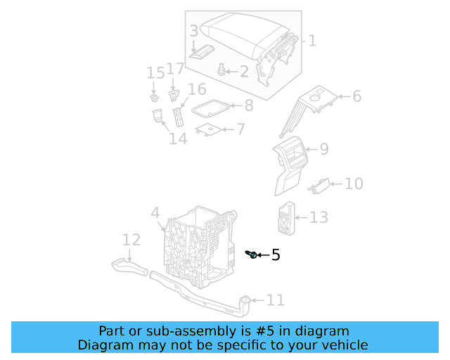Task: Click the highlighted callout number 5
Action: pyautogui.click(x=276, y=255)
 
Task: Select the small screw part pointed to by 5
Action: pyautogui.click(x=252, y=254)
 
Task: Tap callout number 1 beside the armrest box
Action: pyautogui.click(x=312, y=41)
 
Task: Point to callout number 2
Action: pyautogui.click(x=244, y=71)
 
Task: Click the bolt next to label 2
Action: pyautogui.click(x=223, y=69)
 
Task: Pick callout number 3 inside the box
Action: pyautogui.click(x=194, y=31)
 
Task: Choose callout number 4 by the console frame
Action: pyautogui.click(x=155, y=212)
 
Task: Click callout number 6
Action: pyautogui.click(x=356, y=96)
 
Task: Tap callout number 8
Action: pyautogui.click(x=248, y=106)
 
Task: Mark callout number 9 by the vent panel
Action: pyautogui.click(x=323, y=149)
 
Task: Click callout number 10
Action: pyautogui.click(x=354, y=184)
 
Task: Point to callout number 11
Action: pyautogui.click(x=275, y=301)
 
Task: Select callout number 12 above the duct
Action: pyautogui.click(x=131, y=240)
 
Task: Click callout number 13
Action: pyautogui.click(x=319, y=217)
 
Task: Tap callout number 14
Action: pyautogui.click(x=178, y=139)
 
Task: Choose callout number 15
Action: pyautogui.click(x=155, y=73)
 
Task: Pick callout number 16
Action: pyautogui.click(x=197, y=89)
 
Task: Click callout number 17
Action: pyautogui.click(x=175, y=69)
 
